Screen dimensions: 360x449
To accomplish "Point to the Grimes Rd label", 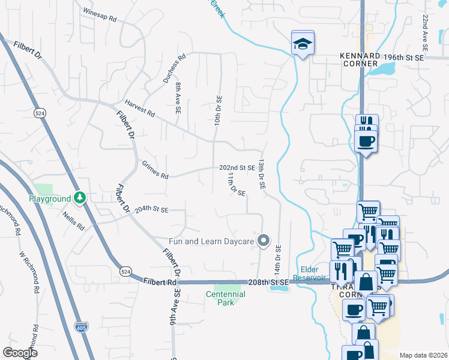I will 155,170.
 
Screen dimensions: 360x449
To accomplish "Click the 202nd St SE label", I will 237,168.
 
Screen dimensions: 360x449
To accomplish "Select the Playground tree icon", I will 80,198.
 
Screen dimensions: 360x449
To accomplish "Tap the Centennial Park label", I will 226,298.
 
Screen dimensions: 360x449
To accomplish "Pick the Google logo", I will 20,352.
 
